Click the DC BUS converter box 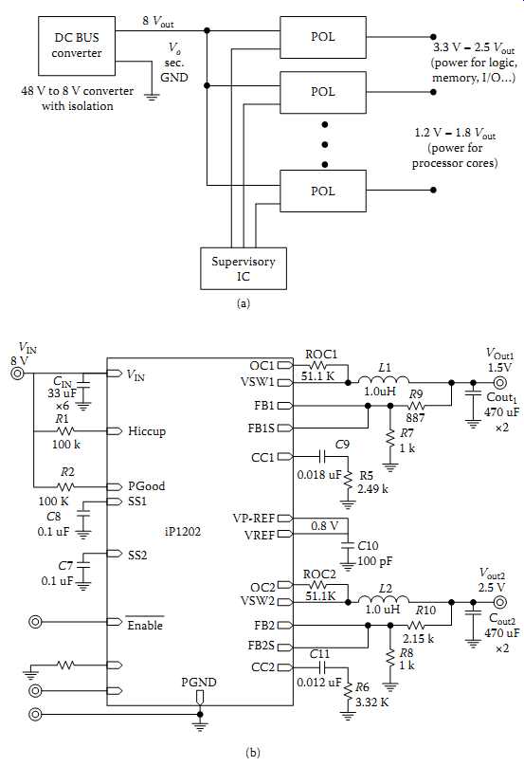pyautogui.click(x=77, y=46)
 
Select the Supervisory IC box pyautogui.click(x=244, y=268)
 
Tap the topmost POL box pyautogui.click(x=323, y=37)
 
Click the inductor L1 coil pyautogui.click(x=384, y=380)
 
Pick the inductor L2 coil pyautogui.click(x=384, y=600)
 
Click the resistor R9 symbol pyautogui.click(x=416, y=406)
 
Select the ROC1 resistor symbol pyautogui.click(x=319, y=365)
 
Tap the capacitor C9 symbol pyautogui.click(x=323, y=457)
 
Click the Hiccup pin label pyautogui.click(x=147, y=431)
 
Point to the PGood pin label pyautogui.click(x=147, y=486)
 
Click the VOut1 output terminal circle pyautogui.click(x=499, y=382)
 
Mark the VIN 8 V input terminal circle pyautogui.click(x=18, y=374)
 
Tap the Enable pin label pyautogui.click(x=145, y=626)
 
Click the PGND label pyautogui.click(x=199, y=683)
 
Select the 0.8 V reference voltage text pyautogui.click(x=324, y=526)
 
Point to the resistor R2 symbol pyautogui.click(x=65, y=486)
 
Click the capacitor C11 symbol pyautogui.click(x=323, y=667)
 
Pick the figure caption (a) pyautogui.click(x=243, y=303)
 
